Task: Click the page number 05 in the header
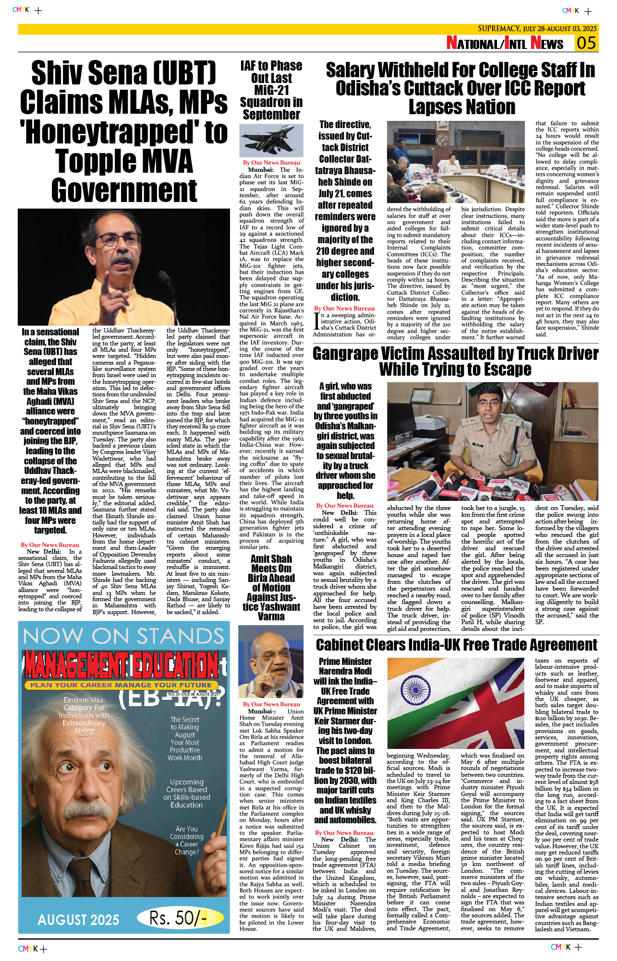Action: [x=586, y=43]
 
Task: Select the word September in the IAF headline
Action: [x=271, y=115]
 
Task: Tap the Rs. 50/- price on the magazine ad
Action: [x=178, y=918]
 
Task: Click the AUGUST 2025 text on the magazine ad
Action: [x=78, y=920]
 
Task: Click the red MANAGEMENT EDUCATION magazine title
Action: [x=122, y=665]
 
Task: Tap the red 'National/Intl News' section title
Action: [x=505, y=44]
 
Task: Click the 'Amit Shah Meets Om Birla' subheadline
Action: [x=271, y=587]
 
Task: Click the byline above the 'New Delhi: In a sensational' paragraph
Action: [x=50, y=545]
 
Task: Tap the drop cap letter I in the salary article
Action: [x=316, y=322]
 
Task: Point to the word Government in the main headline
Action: [x=124, y=190]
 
